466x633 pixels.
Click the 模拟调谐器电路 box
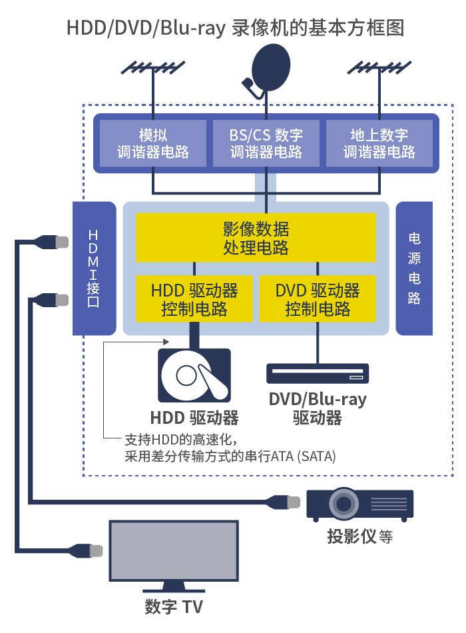tap(153, 143)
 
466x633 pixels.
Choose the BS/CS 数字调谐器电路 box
tap(266, 143)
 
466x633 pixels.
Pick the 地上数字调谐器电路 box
tap(379, 143)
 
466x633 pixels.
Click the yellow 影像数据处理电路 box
tap(256, 238)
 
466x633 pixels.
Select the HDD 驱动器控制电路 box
tap(194, 299)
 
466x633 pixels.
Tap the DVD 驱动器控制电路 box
tap(318, 299)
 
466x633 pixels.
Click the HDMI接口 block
tap(94, 269)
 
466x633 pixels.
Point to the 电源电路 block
tap(414, 269)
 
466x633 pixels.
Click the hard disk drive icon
tap(194, 375)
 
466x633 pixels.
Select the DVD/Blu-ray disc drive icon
tap(318, 373)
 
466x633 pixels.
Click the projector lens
tap(344, 504)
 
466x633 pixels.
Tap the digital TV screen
tap(174, 550)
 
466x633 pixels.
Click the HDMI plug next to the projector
tap(284, 502)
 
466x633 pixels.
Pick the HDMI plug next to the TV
tap(85, 550)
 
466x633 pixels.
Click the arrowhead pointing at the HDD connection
tap(166, 342)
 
